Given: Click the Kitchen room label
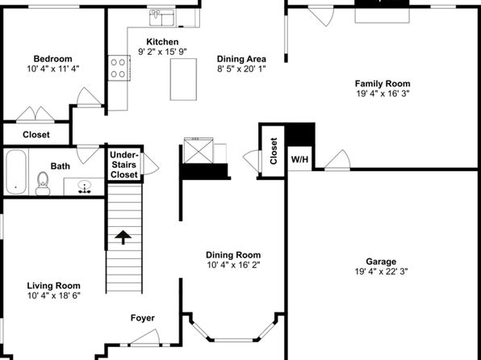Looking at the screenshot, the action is [x=162, y=42].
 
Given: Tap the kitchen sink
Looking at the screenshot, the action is [x=161, y=18].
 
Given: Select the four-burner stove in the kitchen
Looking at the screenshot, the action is [x=119, y=68].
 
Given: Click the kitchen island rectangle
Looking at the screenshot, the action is [x=183, y=79].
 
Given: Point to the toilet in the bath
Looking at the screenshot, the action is [x=43, y=183].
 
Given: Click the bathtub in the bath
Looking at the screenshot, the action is [x=16, y=172].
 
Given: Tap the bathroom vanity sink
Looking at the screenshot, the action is [x=85, y=186].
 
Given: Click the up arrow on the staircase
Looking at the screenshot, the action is [x=123, y=237].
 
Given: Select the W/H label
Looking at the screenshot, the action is [x=299, y=159].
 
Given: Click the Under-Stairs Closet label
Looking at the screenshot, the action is [x=124, y=165].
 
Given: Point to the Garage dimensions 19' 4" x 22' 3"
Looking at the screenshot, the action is [x=381, y=271].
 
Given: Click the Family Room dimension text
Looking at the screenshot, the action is [x=383, y=94].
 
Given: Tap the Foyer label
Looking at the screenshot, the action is [x=143, y=318].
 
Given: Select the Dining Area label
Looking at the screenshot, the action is [x=241, y=59].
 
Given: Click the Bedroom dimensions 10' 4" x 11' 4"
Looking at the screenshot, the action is [x=53, y=69].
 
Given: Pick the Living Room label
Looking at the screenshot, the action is [x=54, y=286].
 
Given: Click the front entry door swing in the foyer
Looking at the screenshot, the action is [x=145, y=338].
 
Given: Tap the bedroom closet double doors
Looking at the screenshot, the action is [x=36, y=115].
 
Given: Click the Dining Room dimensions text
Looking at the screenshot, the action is [x=233, y=265].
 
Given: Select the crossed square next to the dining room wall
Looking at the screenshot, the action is [x=199, y=151].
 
